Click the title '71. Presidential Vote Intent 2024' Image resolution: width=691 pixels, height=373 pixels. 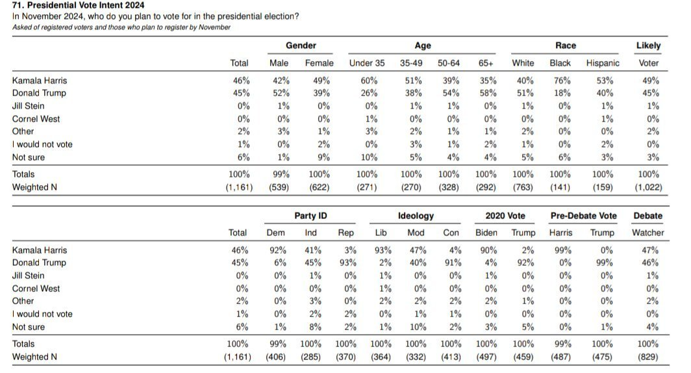pos(78,5)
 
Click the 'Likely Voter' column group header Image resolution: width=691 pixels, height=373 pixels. pos(648,54)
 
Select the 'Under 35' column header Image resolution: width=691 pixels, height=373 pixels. pos(367,63)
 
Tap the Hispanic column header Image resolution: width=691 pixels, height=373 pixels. pos(603,63)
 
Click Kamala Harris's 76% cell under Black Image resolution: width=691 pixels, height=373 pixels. pos(562,81)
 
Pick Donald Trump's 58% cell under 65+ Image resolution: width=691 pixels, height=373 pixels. pos(488,93)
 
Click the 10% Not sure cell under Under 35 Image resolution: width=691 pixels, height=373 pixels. pos(369,157)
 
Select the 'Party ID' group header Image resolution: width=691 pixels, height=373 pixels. pos(310,216)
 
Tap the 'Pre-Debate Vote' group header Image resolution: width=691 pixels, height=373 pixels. pos(583,216)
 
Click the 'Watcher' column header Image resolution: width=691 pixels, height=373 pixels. pos(648,233)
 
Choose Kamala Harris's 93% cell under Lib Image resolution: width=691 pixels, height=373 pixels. pos(383,250)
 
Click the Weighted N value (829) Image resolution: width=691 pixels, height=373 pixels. pos(648,357)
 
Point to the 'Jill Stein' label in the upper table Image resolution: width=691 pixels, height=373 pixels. pos(28,106)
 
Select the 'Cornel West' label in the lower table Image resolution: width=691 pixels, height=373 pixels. pos(36,289)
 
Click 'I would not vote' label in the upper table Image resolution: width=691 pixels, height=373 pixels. pos(42,144)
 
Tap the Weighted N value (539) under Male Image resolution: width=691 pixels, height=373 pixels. pos(279,187)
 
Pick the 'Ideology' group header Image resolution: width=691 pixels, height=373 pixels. pos(416,216)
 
